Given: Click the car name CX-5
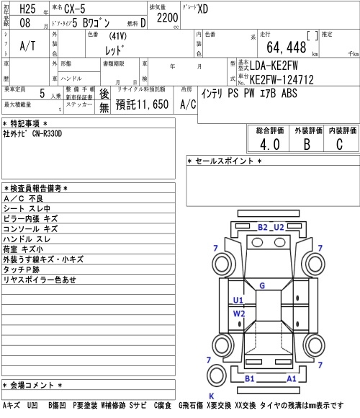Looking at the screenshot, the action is point(75,9).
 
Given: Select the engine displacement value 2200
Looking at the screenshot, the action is point(167,18).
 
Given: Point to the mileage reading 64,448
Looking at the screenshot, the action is point(287,48).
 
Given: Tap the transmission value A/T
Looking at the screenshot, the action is point(27,46).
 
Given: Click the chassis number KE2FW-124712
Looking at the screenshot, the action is point(282,80).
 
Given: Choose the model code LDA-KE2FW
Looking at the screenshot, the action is point(274,66).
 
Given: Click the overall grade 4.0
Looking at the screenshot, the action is point(270,144).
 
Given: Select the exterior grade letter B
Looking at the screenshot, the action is point(307,144).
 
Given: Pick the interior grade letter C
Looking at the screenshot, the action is point(339,144).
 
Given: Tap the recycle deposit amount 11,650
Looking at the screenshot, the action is point(153,104).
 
